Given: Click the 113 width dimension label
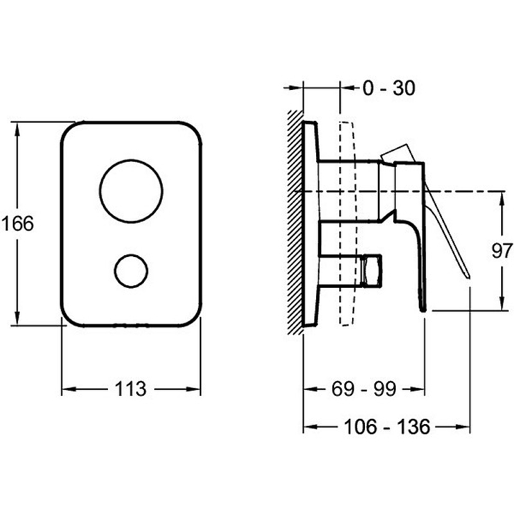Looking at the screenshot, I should (130, 389).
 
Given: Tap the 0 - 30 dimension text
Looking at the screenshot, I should (389, 88).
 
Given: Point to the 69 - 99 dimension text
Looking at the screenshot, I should (364, 389).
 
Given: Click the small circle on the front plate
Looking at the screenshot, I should (130, 270).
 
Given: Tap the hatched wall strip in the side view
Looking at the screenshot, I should (295, 222).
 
